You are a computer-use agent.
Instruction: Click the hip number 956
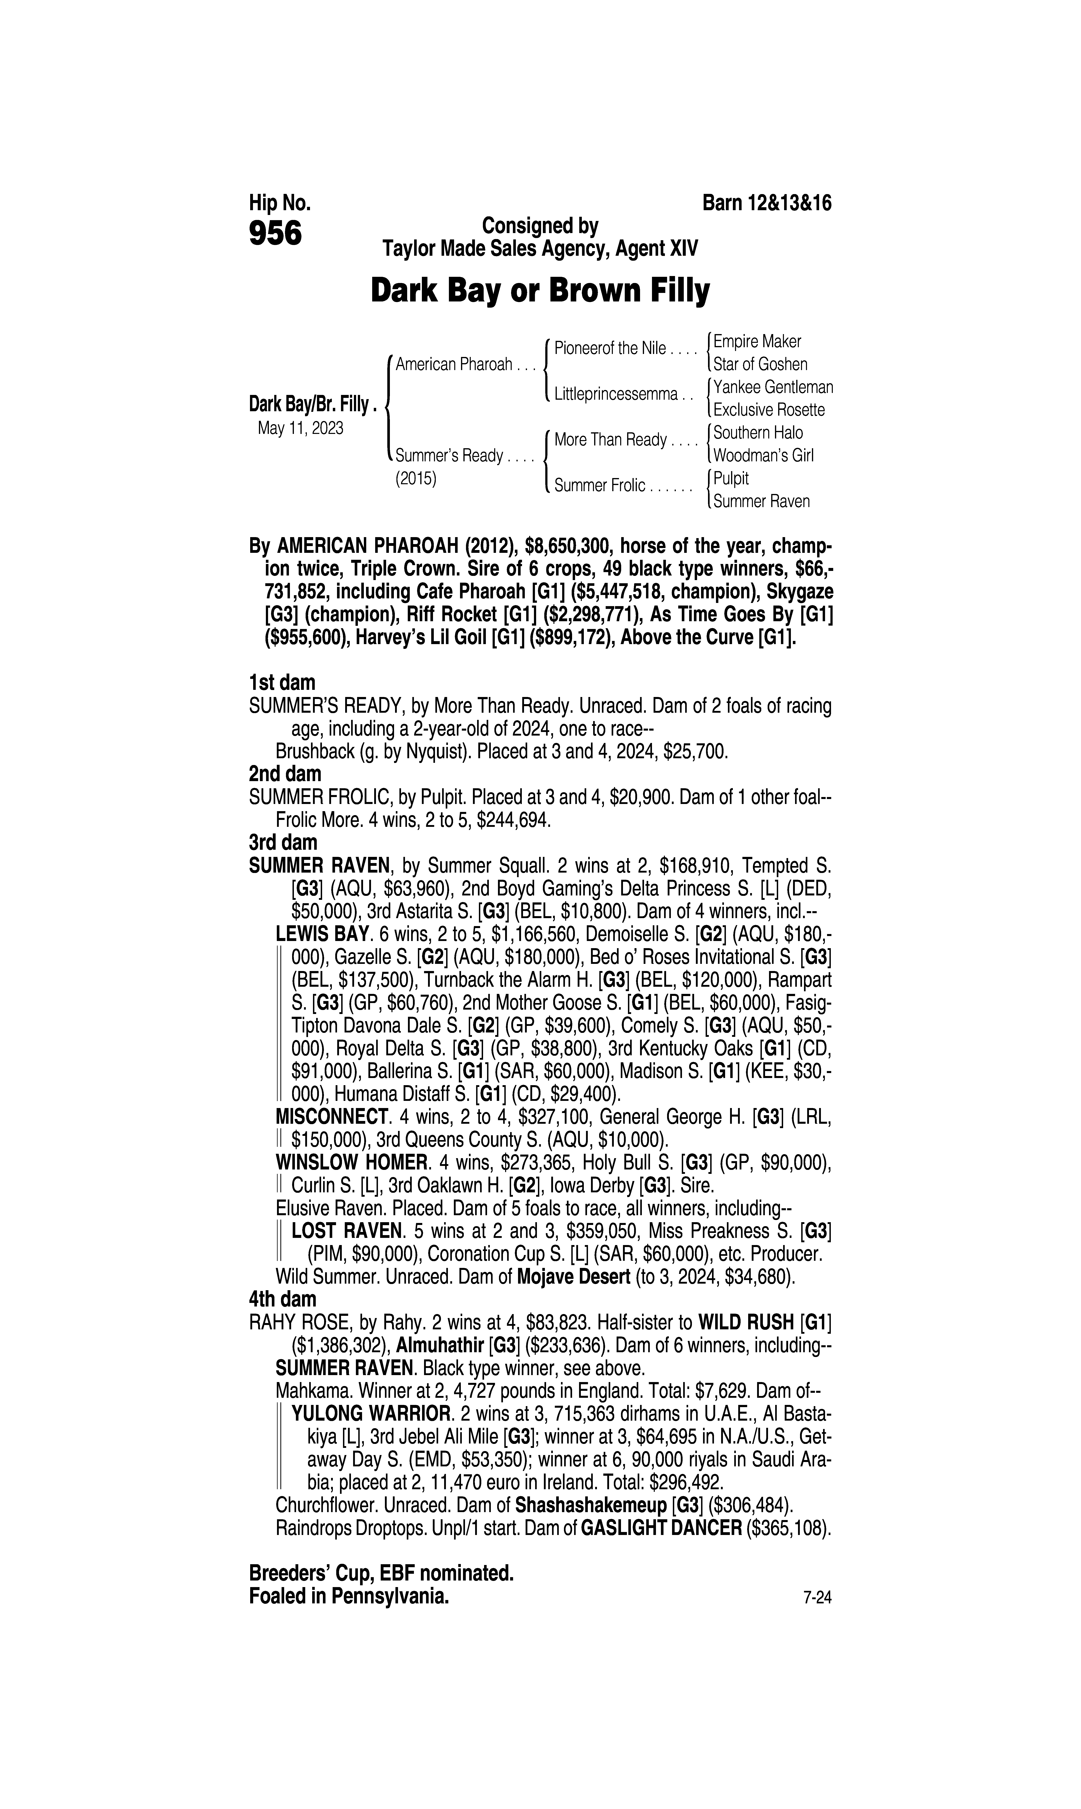pyautogui.click(x=275, y=234)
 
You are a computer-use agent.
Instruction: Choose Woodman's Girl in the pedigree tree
pyautogui.click(x=763, y=456)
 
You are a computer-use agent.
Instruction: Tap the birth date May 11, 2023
pyautogui.click(x=300, y=428)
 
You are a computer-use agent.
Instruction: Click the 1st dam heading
pyautogui.click(x=282, y=683)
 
